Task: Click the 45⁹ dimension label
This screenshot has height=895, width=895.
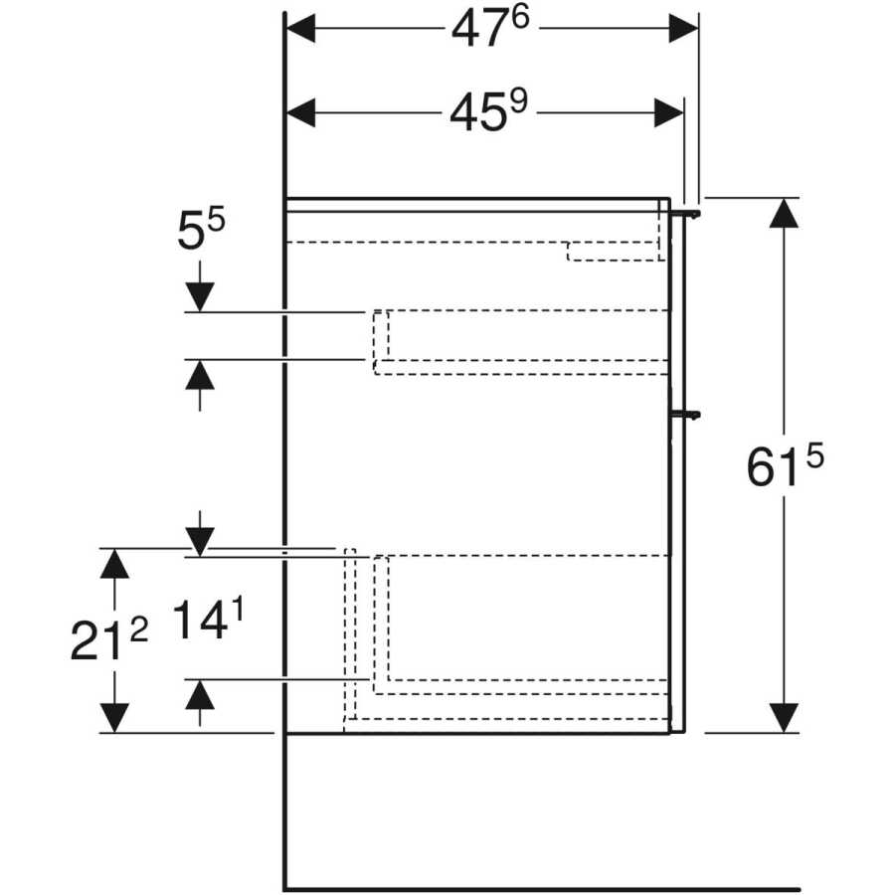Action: pos(489,111)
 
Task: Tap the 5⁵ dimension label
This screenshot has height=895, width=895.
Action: pos(201,230)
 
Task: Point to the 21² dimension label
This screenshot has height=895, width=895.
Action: pos(109,639)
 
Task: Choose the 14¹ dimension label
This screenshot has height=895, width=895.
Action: pos(208,620)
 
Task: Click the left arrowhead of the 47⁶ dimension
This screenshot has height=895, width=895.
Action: pos(300,29)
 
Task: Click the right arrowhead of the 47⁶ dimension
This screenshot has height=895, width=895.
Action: pos(683,29)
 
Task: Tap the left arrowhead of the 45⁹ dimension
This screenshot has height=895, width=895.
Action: pos(300,112)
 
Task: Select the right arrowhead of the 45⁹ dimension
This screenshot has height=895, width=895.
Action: pos(668,112)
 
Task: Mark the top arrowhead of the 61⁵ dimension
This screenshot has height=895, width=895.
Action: pos(784,213)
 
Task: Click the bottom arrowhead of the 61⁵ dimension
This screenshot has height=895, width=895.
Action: pos(784,718)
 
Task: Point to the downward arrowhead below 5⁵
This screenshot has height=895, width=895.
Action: pos(200,297)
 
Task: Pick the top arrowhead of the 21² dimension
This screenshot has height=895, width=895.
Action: pos(114,564)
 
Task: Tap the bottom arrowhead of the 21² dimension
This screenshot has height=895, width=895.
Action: pos(114,718)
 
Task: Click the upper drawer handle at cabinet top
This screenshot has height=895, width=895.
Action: pos(685,213)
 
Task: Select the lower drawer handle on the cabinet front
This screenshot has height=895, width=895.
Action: pos(685,415)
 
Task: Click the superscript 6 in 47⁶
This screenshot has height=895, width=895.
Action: pos(520,18)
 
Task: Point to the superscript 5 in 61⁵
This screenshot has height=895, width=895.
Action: pos(815,456)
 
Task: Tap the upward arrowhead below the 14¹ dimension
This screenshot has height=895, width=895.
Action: pos(200,695)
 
